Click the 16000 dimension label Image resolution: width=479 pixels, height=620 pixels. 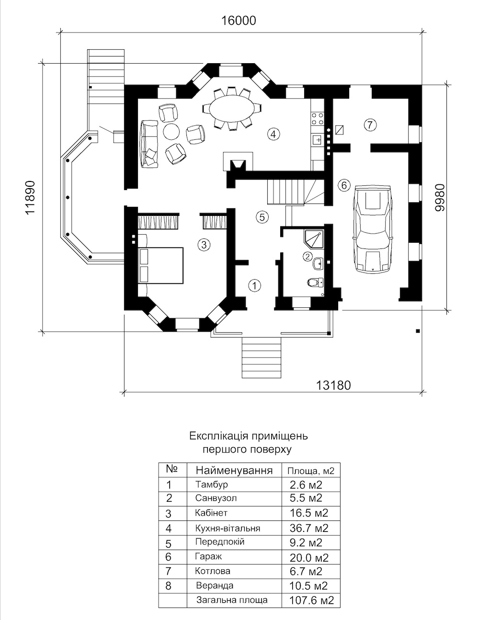[x=239, y=21]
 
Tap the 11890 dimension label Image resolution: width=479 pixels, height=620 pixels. [x=30, y=197]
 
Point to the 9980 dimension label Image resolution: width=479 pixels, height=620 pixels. [x=440, y=197]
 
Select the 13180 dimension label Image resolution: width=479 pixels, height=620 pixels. [x=333, y=385]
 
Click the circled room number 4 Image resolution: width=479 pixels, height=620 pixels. [x=274, y=134]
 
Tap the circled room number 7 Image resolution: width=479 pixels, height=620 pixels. [x=370, y=124]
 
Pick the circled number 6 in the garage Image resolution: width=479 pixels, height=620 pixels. [x=344, y=185]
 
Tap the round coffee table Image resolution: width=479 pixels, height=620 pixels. [x=171, y=131]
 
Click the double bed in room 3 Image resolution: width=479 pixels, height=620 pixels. [x=160, y=265]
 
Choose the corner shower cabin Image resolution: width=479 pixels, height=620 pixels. [x=314, y=239]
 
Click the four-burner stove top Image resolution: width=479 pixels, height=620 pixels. [x=318, y=118]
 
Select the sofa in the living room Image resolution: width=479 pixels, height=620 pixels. [x=149, y=144]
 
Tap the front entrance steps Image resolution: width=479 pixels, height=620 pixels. [x=262, y=358]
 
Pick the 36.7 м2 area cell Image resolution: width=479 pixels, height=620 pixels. [x=309, y=528]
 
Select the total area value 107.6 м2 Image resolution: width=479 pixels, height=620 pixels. [x=311, y=600]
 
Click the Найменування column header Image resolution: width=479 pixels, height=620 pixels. [x=234, y=470]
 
